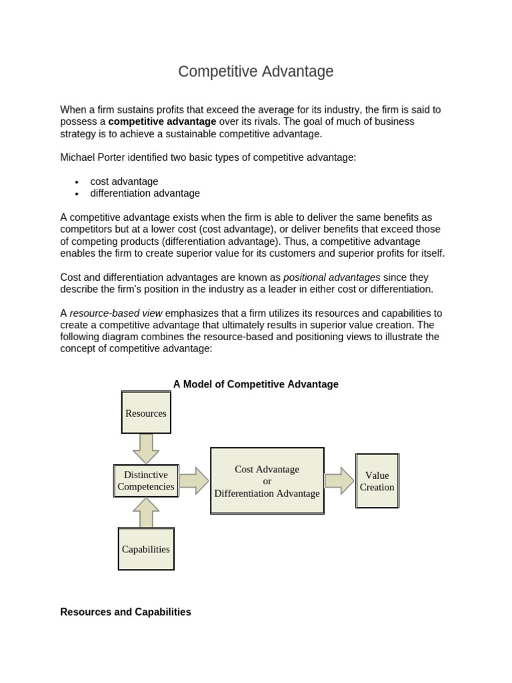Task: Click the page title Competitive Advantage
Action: tap(255, 71)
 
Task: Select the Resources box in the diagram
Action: tap(146, 413)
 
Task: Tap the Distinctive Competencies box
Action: tap(146, 480)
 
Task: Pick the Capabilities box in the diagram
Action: tap(146, 549)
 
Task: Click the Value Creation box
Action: tap(377, 481)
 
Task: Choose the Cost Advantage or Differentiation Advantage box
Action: tap(267, 481)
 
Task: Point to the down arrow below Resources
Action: tap(146, 448)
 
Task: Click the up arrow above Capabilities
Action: tap(146, 513)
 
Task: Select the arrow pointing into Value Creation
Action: tap(339, 481)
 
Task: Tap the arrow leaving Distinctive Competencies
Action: tap(194, 481)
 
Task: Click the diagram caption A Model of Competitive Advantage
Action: tap(256, 384)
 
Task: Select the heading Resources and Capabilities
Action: tap(125, 612)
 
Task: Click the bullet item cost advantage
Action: tap(124, 181)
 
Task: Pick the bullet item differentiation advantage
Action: tap(145, 193)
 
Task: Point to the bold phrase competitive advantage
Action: tap(162, 121)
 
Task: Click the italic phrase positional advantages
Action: tap(332, 277)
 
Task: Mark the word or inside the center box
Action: tap(267, 481)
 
